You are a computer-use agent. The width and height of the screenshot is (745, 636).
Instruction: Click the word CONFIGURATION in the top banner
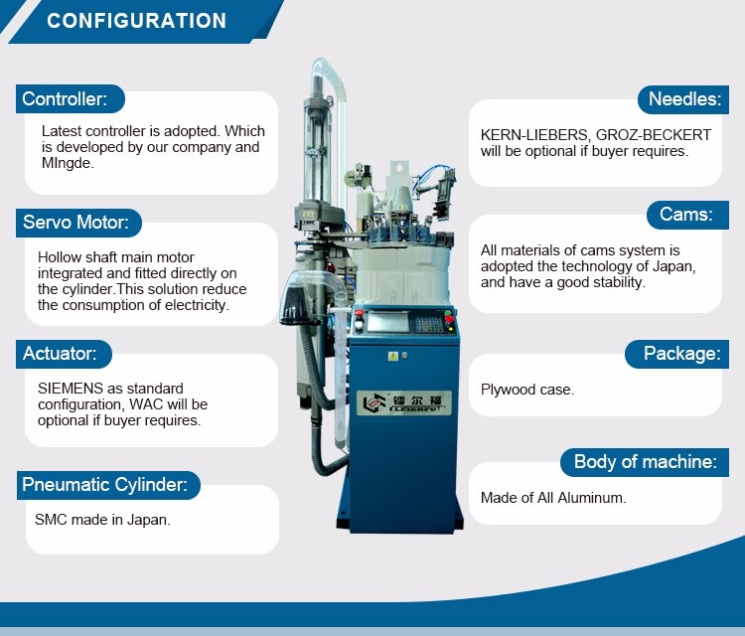pyautogui.click(x=136, y=21)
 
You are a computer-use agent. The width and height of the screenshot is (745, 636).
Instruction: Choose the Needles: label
pyautogui.click(x=683, y=99)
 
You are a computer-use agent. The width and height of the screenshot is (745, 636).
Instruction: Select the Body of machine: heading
pyautogui.click(x=645, y=462)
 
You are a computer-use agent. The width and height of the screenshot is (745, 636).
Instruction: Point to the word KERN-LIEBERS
pyautogui.click(x=534, y=135)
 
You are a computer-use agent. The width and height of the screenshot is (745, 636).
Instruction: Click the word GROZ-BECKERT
pyautogui.click(x=654, y=135)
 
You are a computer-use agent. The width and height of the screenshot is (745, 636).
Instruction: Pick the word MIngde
pyautogui.click(x=68, y=163)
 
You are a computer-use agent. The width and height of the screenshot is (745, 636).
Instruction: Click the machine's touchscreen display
pyautogui.click(x=387, y=322)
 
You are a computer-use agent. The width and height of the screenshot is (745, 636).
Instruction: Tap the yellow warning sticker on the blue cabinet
pyautogui.click(x=393, y=356)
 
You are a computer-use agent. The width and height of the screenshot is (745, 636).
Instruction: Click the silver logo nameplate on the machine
pyautogui.click(x=404, y=402)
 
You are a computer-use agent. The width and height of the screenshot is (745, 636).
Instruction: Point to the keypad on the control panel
pyautogui.click(x=429, y=324)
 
